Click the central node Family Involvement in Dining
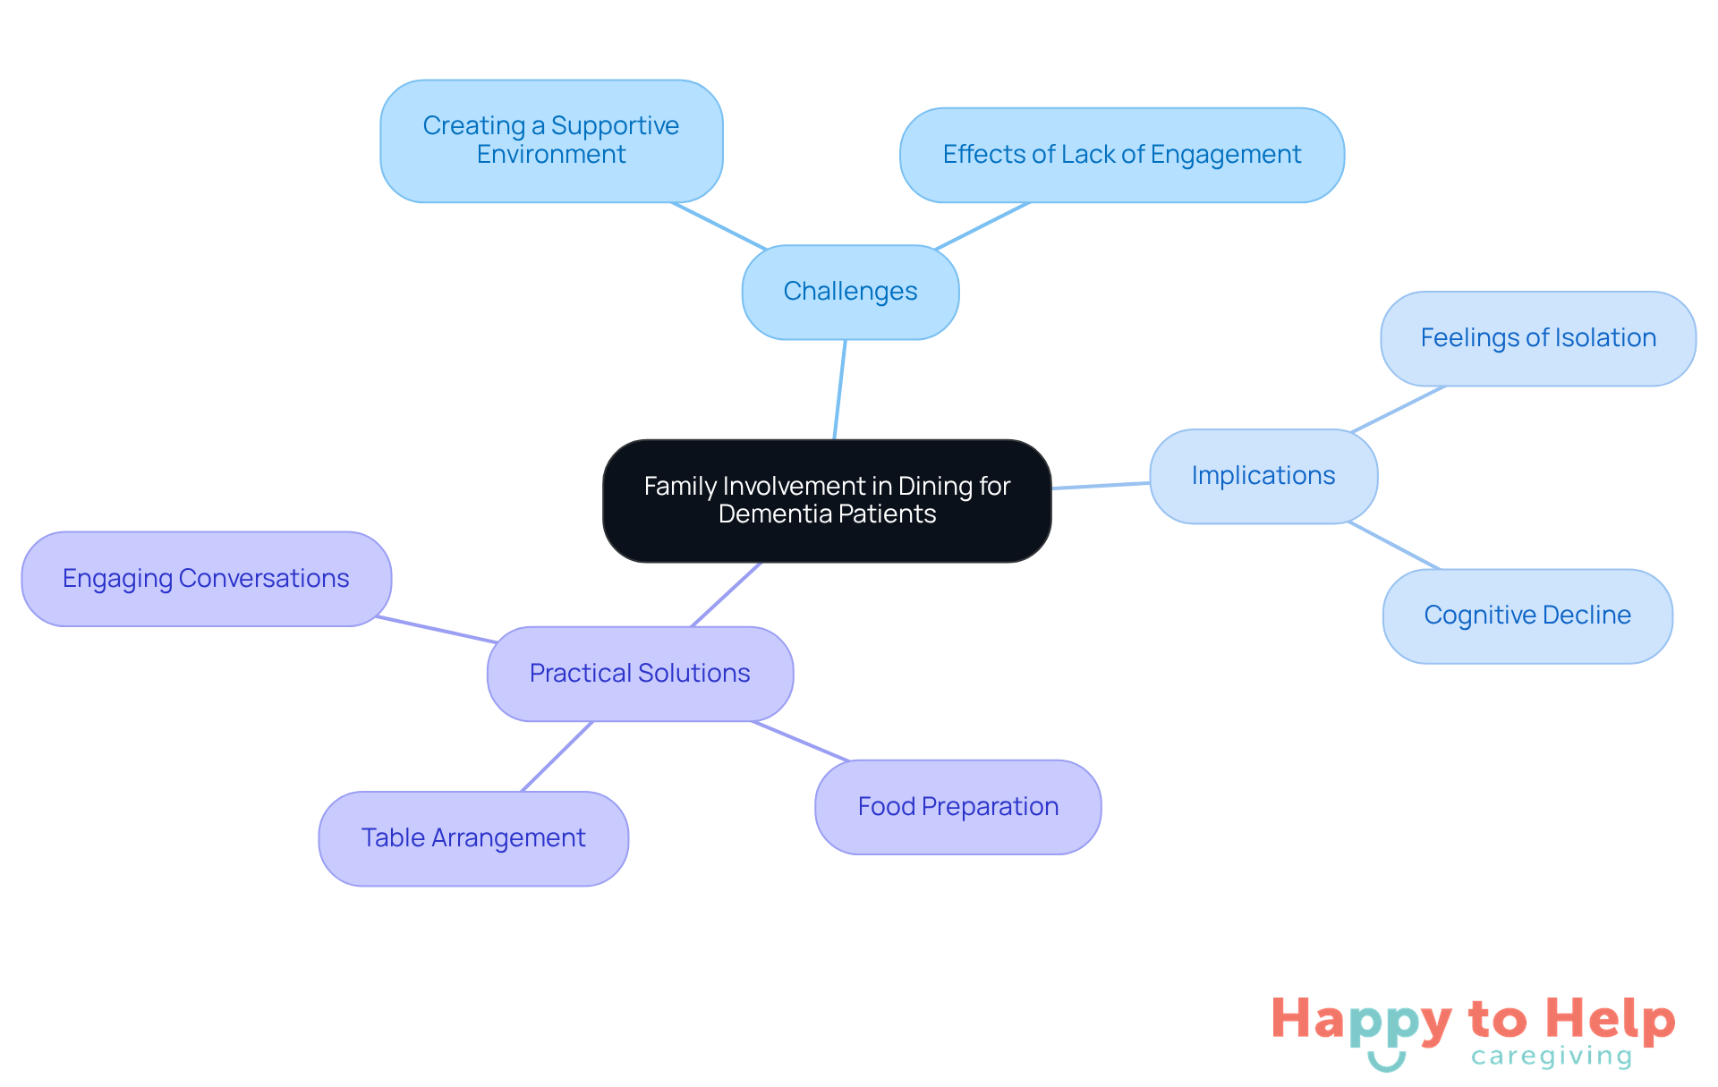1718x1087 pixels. [x=827, y=500]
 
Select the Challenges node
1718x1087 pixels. [x=850, y=292]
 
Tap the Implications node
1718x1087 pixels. [x=1263, y=476]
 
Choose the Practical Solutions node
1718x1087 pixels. [x=640, y=674]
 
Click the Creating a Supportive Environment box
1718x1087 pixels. [x=551, y=140]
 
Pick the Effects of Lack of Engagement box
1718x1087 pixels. [x=1121, y=155]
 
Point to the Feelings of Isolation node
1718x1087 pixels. [x=1537, y=338]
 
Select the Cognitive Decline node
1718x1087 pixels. [x=1527, y=616]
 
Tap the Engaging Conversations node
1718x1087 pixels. [x=206, y=579]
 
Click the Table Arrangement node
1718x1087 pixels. [x=473, y=838]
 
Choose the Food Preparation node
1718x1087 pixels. [x=957, y=807]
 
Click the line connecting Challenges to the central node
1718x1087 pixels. [x=840, y=389]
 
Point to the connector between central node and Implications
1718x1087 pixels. [x=1101, y=486]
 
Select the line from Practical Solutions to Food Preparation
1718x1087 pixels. [x=800, y=741]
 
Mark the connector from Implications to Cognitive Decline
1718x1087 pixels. [x=1394, y=546]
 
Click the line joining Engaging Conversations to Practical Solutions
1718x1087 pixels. [x=436, y=630]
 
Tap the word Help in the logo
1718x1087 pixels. [x=1610, y=1020]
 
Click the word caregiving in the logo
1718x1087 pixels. [x=1552, y=1057]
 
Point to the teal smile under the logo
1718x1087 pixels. [x=1386, y=1062]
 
